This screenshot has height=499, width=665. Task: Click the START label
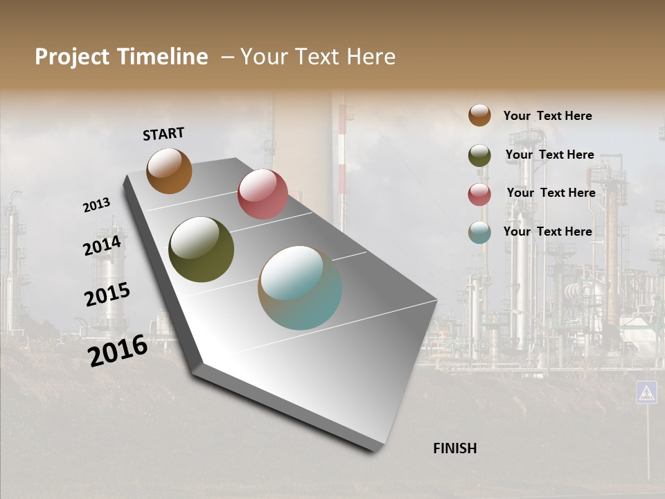163,134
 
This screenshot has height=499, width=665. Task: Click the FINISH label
455,448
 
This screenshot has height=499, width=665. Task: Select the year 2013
96,205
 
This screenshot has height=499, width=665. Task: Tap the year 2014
103,246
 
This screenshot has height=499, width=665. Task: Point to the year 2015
107,295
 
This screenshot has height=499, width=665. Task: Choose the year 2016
118,350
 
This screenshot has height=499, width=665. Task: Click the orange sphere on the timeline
169,170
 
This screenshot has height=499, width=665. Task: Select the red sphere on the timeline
263,194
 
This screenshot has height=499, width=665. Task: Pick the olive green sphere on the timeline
201,249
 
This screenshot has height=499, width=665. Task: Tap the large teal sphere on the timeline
300,288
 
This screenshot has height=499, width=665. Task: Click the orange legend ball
479,115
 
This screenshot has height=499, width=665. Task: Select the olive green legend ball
479,155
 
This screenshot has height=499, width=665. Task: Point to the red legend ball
479,194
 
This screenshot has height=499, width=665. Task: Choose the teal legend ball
479,232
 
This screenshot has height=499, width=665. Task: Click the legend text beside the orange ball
547,116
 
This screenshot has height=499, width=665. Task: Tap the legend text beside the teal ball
547,231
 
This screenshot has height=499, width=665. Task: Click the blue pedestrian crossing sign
646,392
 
